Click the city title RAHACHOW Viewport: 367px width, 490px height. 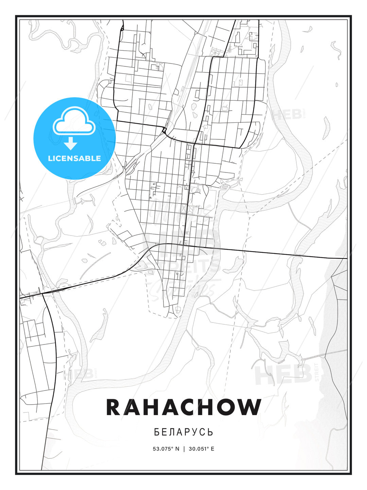[x=183, y=407]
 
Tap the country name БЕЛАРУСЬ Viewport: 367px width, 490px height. [x=183, y=432]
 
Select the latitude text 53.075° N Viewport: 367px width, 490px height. [x=166, y=448]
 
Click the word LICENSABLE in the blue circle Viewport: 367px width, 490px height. [x=74, y=158]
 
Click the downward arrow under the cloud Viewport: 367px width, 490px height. [x=71, y=143]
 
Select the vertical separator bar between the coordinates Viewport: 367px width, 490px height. [x=184, y=448]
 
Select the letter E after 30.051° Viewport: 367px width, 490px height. [x=212, y=448]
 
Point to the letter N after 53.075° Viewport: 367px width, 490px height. [x=177, y=448]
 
